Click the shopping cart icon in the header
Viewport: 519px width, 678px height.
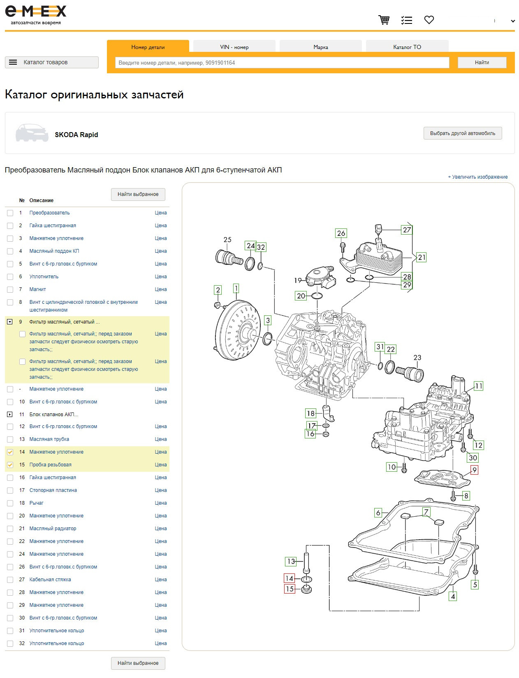(384, 20)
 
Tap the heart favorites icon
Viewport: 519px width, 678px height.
(429, 20)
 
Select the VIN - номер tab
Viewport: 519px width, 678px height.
(234, 47)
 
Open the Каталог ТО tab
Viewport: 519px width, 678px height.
(407, 47)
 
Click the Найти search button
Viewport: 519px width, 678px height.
(482, 63)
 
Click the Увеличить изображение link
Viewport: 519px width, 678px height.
(477, 177)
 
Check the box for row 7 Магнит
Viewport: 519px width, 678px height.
(10, 289)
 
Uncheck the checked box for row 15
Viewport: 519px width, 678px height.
(10, 465)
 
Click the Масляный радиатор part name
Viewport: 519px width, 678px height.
(53, 528)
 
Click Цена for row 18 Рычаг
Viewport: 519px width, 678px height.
(160, 503)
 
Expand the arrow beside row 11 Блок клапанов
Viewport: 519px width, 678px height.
(9, 415)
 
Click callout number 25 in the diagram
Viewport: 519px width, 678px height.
(227, 240)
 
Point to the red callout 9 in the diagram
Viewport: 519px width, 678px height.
(474, 470)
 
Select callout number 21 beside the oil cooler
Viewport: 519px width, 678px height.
(422, 257)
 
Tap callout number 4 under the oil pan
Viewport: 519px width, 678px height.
(453, 596)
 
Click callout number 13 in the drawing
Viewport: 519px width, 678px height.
(290, 562)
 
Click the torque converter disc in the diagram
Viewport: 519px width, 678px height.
(238, 330)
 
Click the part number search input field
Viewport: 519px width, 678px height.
(282, 63)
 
